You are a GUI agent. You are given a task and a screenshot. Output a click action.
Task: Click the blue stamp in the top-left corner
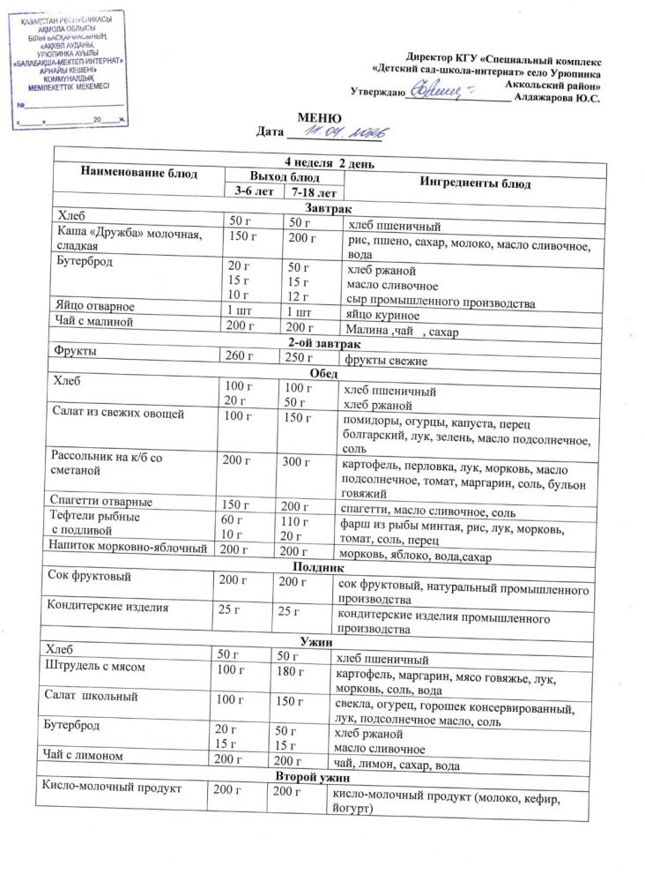pos(69,69)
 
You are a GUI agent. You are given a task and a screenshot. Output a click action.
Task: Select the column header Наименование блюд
pos(139,173)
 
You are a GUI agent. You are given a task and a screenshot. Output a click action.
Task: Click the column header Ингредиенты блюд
pos(475,183)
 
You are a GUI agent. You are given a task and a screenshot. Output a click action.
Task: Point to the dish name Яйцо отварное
pos(96,306)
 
